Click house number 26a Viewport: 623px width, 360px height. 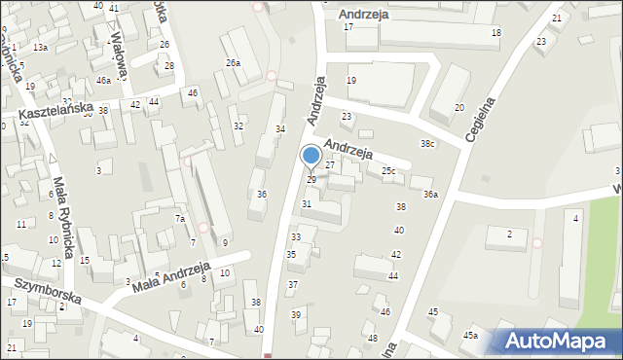234,62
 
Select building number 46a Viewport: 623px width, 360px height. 103,80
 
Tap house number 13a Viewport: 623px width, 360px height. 40,47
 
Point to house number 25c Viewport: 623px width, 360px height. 388,171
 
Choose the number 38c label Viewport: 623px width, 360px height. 427,144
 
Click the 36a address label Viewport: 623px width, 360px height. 430,195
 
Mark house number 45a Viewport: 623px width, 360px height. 470,336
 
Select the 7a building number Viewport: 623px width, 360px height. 179,219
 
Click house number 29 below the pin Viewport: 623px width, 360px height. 311,180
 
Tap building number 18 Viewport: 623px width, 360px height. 495,33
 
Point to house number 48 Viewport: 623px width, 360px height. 373,338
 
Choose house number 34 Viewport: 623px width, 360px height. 280,128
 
